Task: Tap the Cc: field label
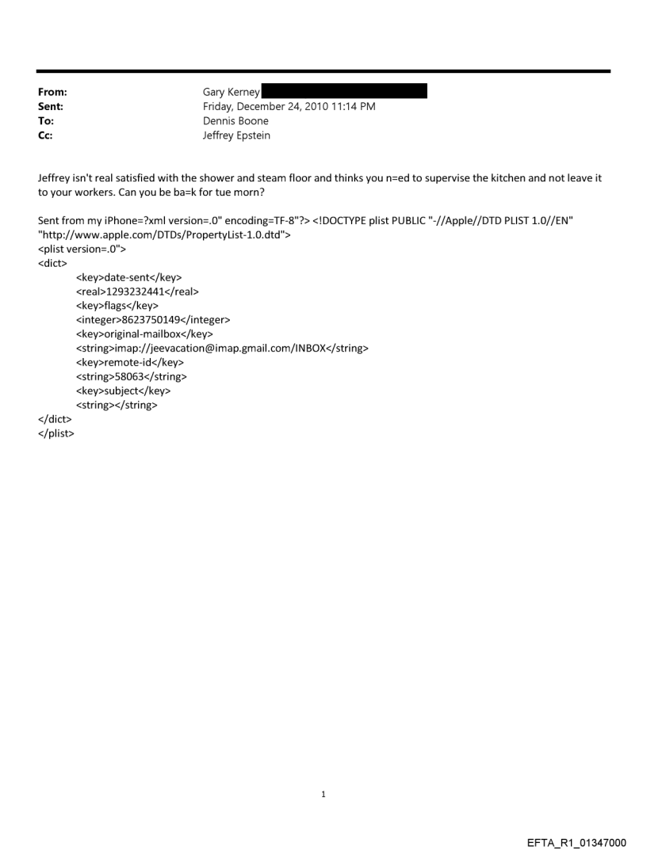(x=47, y=135)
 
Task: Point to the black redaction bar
(x=344, y=92)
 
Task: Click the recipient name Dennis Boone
(x=235, y=121)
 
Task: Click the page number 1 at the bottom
(x=323, y=794)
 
